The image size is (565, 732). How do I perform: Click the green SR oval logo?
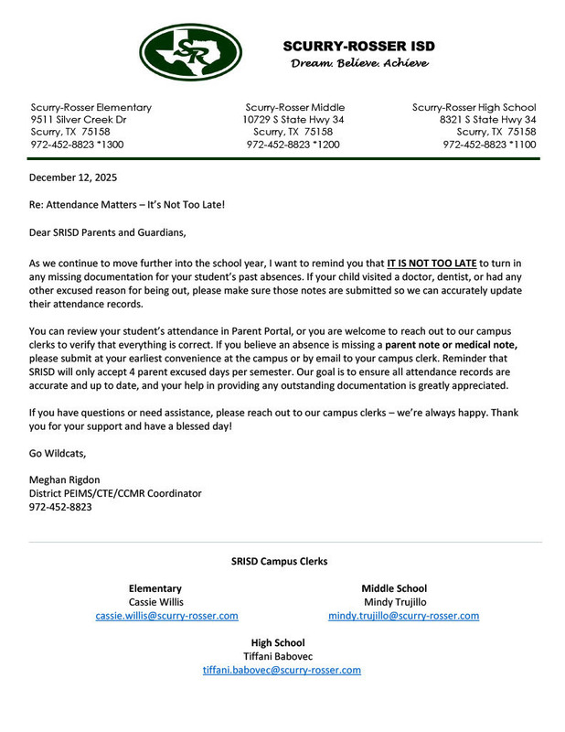[190, 52]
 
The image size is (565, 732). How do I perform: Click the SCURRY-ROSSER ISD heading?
[358, 46]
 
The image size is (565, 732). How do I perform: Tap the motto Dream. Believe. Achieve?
[358, 63]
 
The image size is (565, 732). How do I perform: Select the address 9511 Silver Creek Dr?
[79, 120]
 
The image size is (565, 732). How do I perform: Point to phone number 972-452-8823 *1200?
[293, 145]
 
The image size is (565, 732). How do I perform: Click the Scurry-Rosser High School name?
[474, 107]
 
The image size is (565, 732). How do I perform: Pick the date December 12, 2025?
[73, 178]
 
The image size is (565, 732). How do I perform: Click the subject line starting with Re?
[126, 204]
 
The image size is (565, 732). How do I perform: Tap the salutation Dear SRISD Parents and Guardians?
[108, 232]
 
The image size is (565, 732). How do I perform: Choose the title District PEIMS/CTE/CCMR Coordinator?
[115, 493]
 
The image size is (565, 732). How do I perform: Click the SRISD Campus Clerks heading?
[279, 561]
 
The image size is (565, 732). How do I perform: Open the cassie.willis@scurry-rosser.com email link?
[166, 616]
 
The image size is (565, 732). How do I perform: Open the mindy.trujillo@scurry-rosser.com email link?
[403, 616]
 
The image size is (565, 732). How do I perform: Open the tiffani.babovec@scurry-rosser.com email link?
[282, 670]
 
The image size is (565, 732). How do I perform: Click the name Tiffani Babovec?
[278, 656]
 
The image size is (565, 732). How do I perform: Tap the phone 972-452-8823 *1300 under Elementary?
[77, 145]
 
